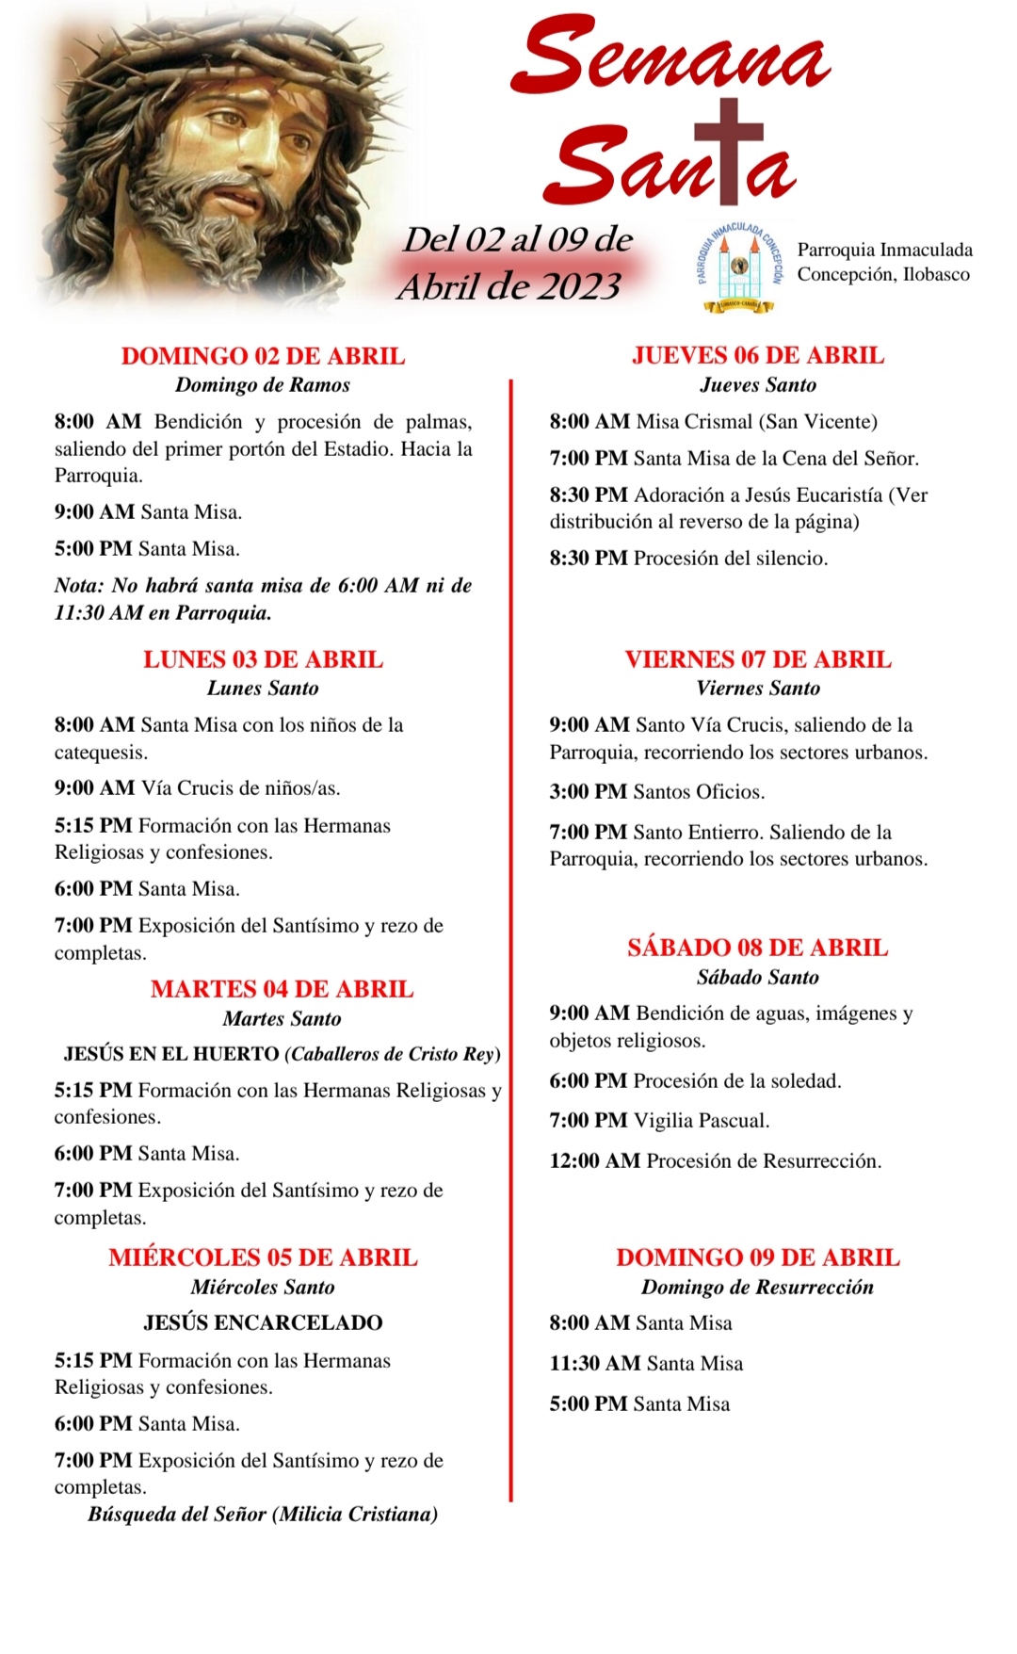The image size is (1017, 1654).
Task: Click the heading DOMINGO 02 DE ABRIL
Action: pos(263,356)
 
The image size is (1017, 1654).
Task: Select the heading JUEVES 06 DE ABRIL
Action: pos(758,355)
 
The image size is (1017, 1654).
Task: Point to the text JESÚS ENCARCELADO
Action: pos(263,1322)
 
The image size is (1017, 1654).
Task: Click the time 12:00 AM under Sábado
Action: pos(595,1160)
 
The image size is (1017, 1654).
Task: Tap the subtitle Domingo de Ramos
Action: pos(263,384)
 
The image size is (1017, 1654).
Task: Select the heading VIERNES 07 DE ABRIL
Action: pos(758,659)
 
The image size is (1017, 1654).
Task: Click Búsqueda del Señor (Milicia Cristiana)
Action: pos(263,1514)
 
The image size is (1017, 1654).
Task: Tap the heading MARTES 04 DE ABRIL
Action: pos(282,989)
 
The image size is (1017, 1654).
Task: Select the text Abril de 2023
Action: pos(509,285)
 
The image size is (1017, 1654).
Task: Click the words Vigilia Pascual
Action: pos(702,1120)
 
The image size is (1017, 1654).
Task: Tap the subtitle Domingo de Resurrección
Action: pos(757,1287)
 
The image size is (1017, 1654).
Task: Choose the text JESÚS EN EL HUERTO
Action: pos(171,1054)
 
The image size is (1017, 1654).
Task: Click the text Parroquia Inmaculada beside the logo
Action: pos(884,250)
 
